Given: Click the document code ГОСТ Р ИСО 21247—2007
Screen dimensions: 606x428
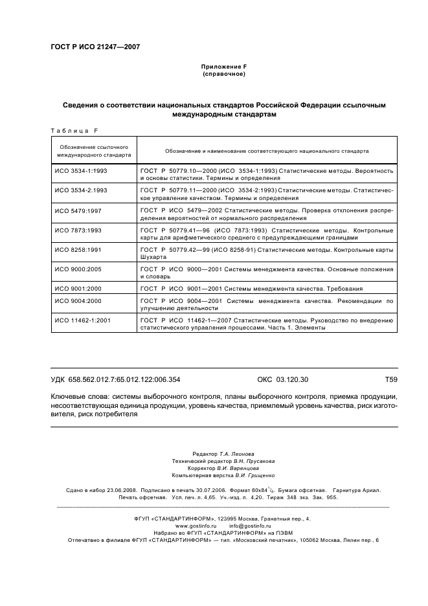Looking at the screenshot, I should click(95, 47).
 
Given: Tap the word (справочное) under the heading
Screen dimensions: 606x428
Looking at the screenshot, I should click(223, 74).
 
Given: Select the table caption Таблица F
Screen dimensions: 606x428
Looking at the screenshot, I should click(74, 131).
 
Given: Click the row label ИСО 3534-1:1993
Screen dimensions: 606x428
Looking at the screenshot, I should click(81, 171).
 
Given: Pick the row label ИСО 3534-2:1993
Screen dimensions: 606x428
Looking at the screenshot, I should click(81, 190).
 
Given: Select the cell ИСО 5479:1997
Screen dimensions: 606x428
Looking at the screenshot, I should click(78, 210).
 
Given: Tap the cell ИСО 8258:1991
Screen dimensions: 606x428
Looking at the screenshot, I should click(78, 249).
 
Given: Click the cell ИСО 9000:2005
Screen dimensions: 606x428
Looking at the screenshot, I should click(78, 269).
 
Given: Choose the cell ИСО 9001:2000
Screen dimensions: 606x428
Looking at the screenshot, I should click(78, 288).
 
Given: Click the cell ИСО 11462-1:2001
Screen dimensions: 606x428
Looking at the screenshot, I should click(83, 320).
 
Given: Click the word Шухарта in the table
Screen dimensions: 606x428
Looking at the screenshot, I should click(152, 256).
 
